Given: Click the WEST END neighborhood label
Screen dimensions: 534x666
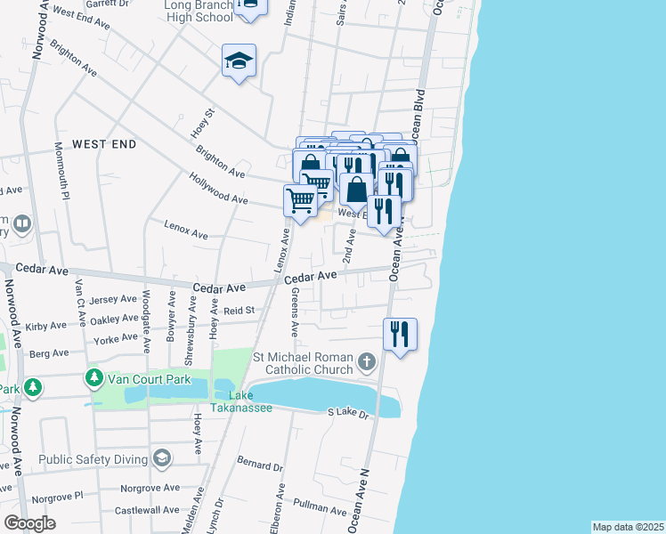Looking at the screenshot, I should [x=104, y=143].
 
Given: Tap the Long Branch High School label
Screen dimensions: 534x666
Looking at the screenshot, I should [x=199, y=11].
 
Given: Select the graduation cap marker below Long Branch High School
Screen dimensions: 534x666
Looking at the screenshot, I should [x=239, y=61].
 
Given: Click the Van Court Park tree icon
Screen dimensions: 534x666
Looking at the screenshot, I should [x=94, y=378].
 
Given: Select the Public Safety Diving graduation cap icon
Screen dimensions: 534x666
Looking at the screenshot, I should [x=161, y=458].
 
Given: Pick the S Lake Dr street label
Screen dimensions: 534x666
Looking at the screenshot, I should [x=348, y=412].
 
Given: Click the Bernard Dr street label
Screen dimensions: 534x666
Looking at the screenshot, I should [x=259, y=465].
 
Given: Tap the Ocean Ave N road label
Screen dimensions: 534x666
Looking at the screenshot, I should [x=365, y=500].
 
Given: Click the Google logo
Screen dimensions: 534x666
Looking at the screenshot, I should [x=29, y=522].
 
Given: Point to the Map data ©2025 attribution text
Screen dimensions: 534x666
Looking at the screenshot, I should [x=627, y=527].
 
